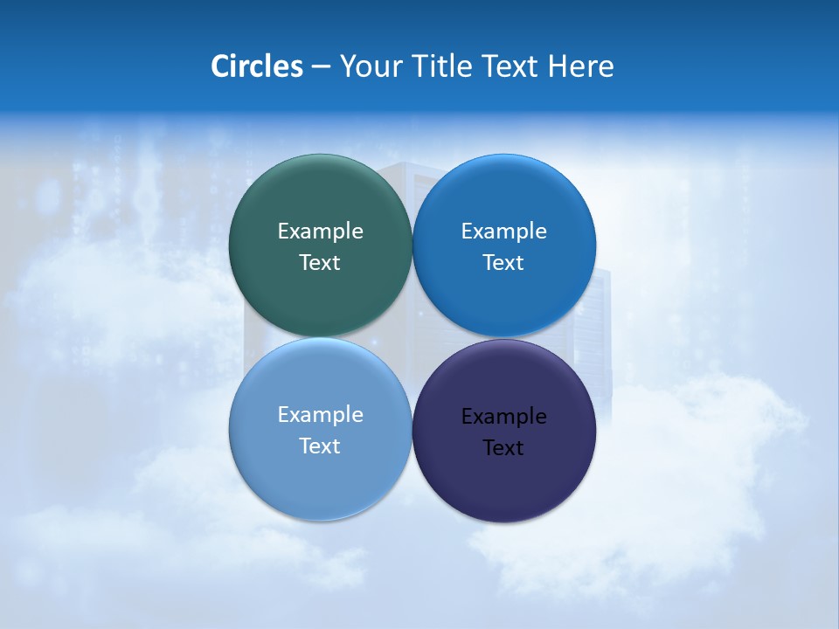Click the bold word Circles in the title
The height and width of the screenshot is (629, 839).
(x=257, y=66)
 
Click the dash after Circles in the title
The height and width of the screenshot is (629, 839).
(x=321, y=67)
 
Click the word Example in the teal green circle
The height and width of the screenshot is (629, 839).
(x=320, y=231)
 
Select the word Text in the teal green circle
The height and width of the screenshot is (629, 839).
(x=320, y=262)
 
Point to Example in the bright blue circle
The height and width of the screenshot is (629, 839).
(x=503, y=231)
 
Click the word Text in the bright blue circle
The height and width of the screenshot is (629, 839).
(x=503, y=262)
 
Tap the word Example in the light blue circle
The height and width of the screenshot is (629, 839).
(x=320, y=414)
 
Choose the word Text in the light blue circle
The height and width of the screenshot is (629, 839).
(x=320, y=446)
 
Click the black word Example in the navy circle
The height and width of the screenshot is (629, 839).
(x=503, y=416)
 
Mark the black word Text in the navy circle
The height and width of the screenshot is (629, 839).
(x=503, y=447)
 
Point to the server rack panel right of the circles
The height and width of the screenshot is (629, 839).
(x=602, y=332)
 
